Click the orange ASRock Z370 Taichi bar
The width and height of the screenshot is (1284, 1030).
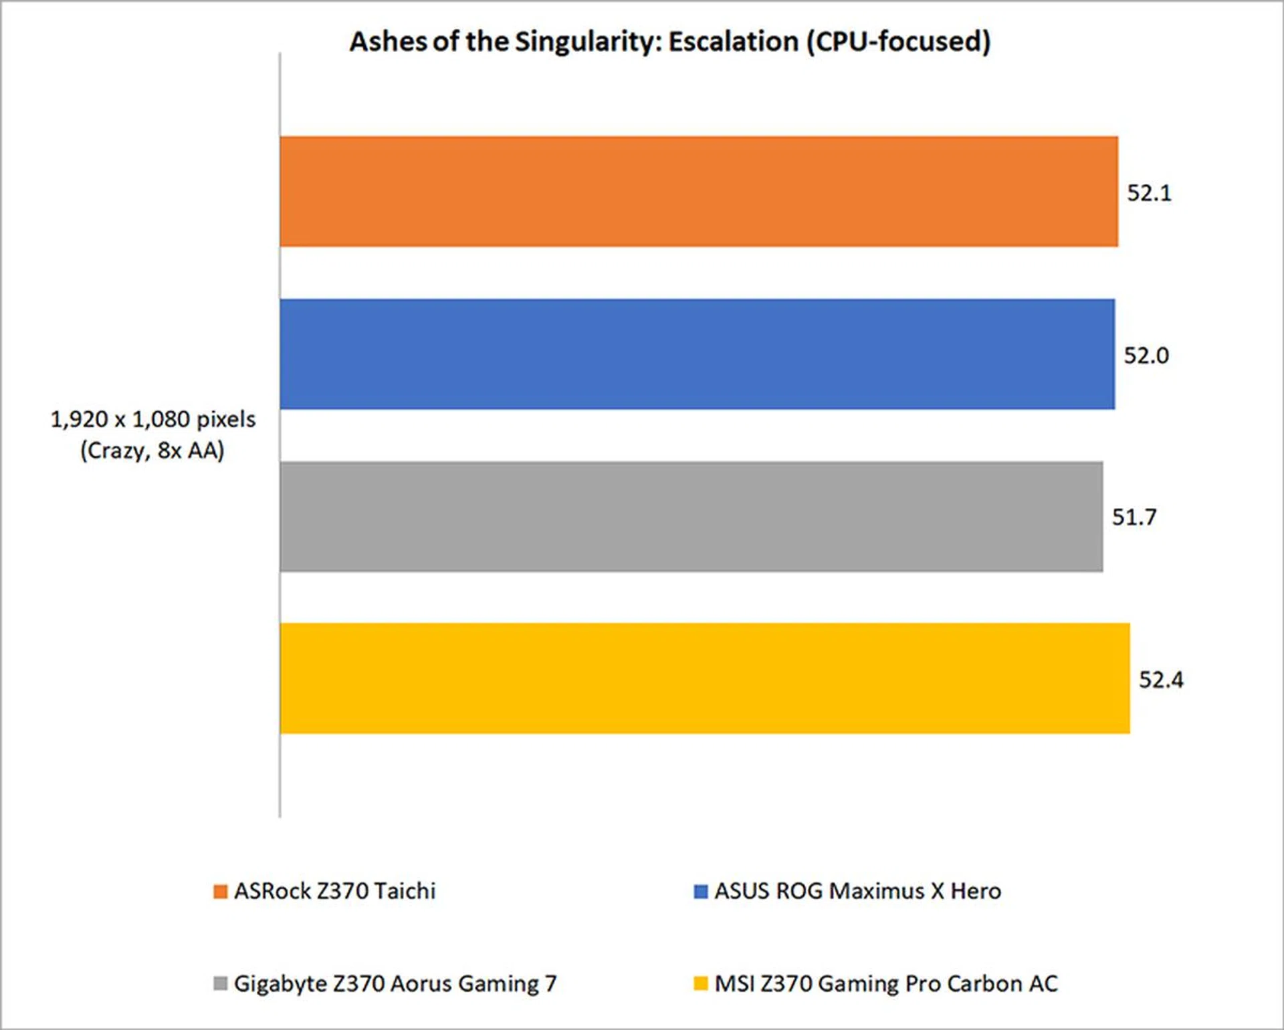(x=698, y=192)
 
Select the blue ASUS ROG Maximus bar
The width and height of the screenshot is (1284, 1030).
(x=697, y=354)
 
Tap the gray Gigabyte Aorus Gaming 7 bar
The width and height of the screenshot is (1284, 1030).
(x=691, y=516)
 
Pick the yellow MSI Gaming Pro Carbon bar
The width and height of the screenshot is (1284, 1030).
(x=704, y=678)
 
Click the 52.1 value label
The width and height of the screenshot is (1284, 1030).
(x=1149, y=193)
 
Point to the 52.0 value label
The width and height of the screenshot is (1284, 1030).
(x=1146, y=356)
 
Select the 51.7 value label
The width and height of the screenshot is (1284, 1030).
(x=1134, y=517)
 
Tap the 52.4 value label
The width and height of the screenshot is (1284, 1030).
(x=1161, y=680)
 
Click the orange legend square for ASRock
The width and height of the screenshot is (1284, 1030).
(x=220, y=892)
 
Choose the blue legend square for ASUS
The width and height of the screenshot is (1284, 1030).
(x=700, y=892)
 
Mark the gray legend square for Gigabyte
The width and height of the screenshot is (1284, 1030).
(x=220, y=984)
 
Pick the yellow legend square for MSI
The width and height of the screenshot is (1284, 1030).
(x=700, y=984)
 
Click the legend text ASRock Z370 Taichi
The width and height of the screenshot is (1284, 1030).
(x=334, y=892)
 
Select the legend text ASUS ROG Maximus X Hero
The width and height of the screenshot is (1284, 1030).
(x=857, y=892)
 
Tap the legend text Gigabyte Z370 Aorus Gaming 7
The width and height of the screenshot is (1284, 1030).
(x=395, y=984)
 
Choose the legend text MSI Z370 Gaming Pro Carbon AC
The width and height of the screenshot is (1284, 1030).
(x=886, y=984)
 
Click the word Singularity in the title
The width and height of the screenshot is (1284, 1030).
(x=587, y=42)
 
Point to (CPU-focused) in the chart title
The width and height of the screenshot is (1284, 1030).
(x=898, y=42)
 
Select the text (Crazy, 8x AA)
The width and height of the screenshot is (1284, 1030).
(x=152, y=451)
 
